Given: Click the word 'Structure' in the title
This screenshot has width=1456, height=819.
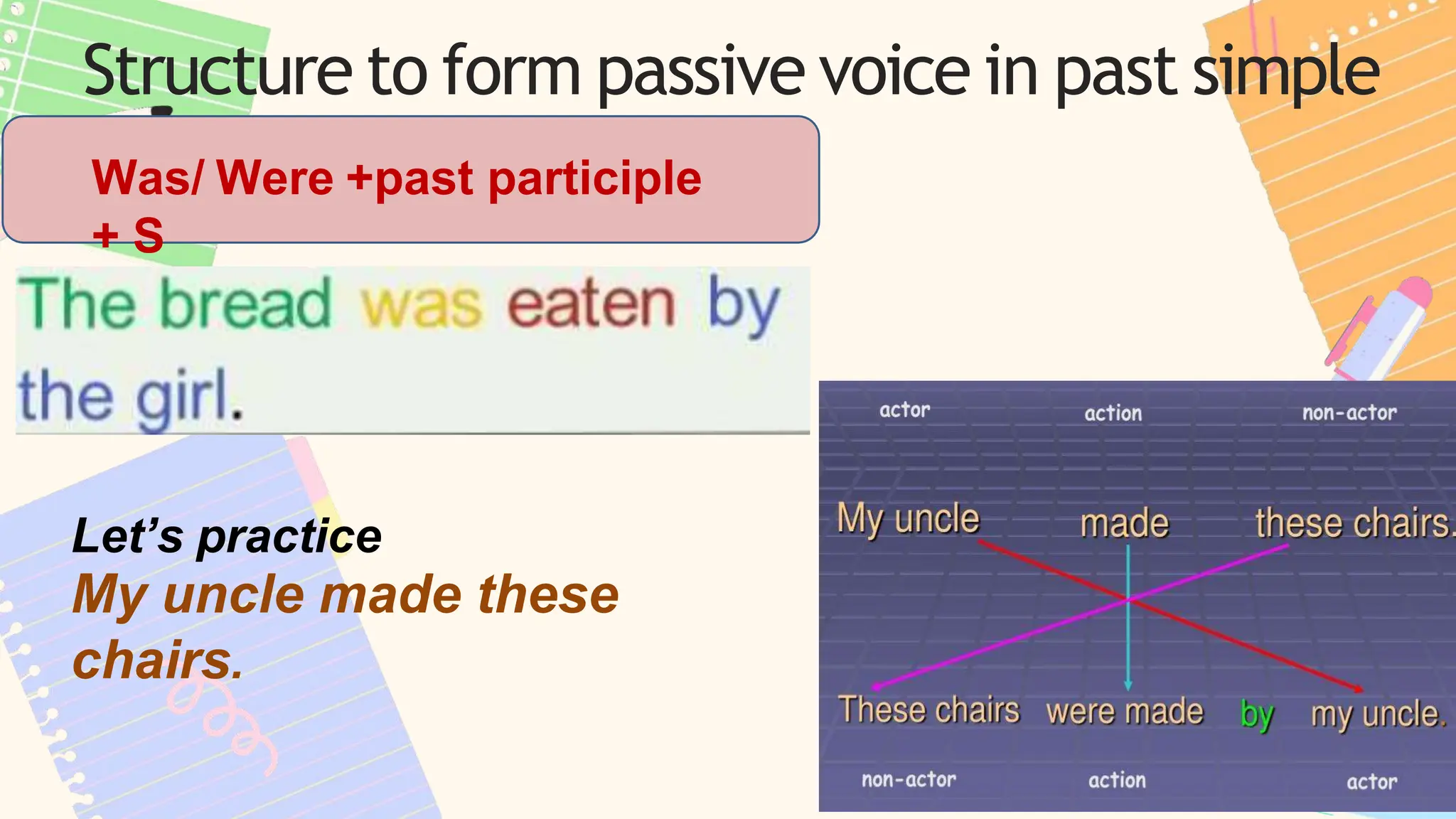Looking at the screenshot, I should [217, 71].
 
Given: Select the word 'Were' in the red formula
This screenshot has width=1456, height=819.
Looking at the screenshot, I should [274, 178].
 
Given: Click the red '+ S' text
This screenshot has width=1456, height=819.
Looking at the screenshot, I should [128, 235].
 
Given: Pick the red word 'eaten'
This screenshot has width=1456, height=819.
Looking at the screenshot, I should [590, 304].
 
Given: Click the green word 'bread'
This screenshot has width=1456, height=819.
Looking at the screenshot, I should [246, 304].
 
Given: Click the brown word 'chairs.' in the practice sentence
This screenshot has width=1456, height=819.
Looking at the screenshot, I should [158, 660].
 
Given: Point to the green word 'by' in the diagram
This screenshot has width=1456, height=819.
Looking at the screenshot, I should [1256, 714].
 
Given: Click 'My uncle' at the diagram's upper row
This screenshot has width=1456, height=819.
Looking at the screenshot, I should [908, 519].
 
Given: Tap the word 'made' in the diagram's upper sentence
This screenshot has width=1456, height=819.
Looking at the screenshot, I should [1124, 524].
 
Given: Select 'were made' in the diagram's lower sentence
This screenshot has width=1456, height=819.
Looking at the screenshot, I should [1125, 712].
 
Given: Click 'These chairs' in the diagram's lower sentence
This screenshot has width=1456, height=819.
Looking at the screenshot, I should [928, 710].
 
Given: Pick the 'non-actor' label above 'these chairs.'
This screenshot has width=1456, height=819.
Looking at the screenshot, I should [1349, 413].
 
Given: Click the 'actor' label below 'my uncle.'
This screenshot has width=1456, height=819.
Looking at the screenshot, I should [1371, 782].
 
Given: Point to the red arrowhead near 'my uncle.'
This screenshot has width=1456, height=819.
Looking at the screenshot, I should [1358, 689].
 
